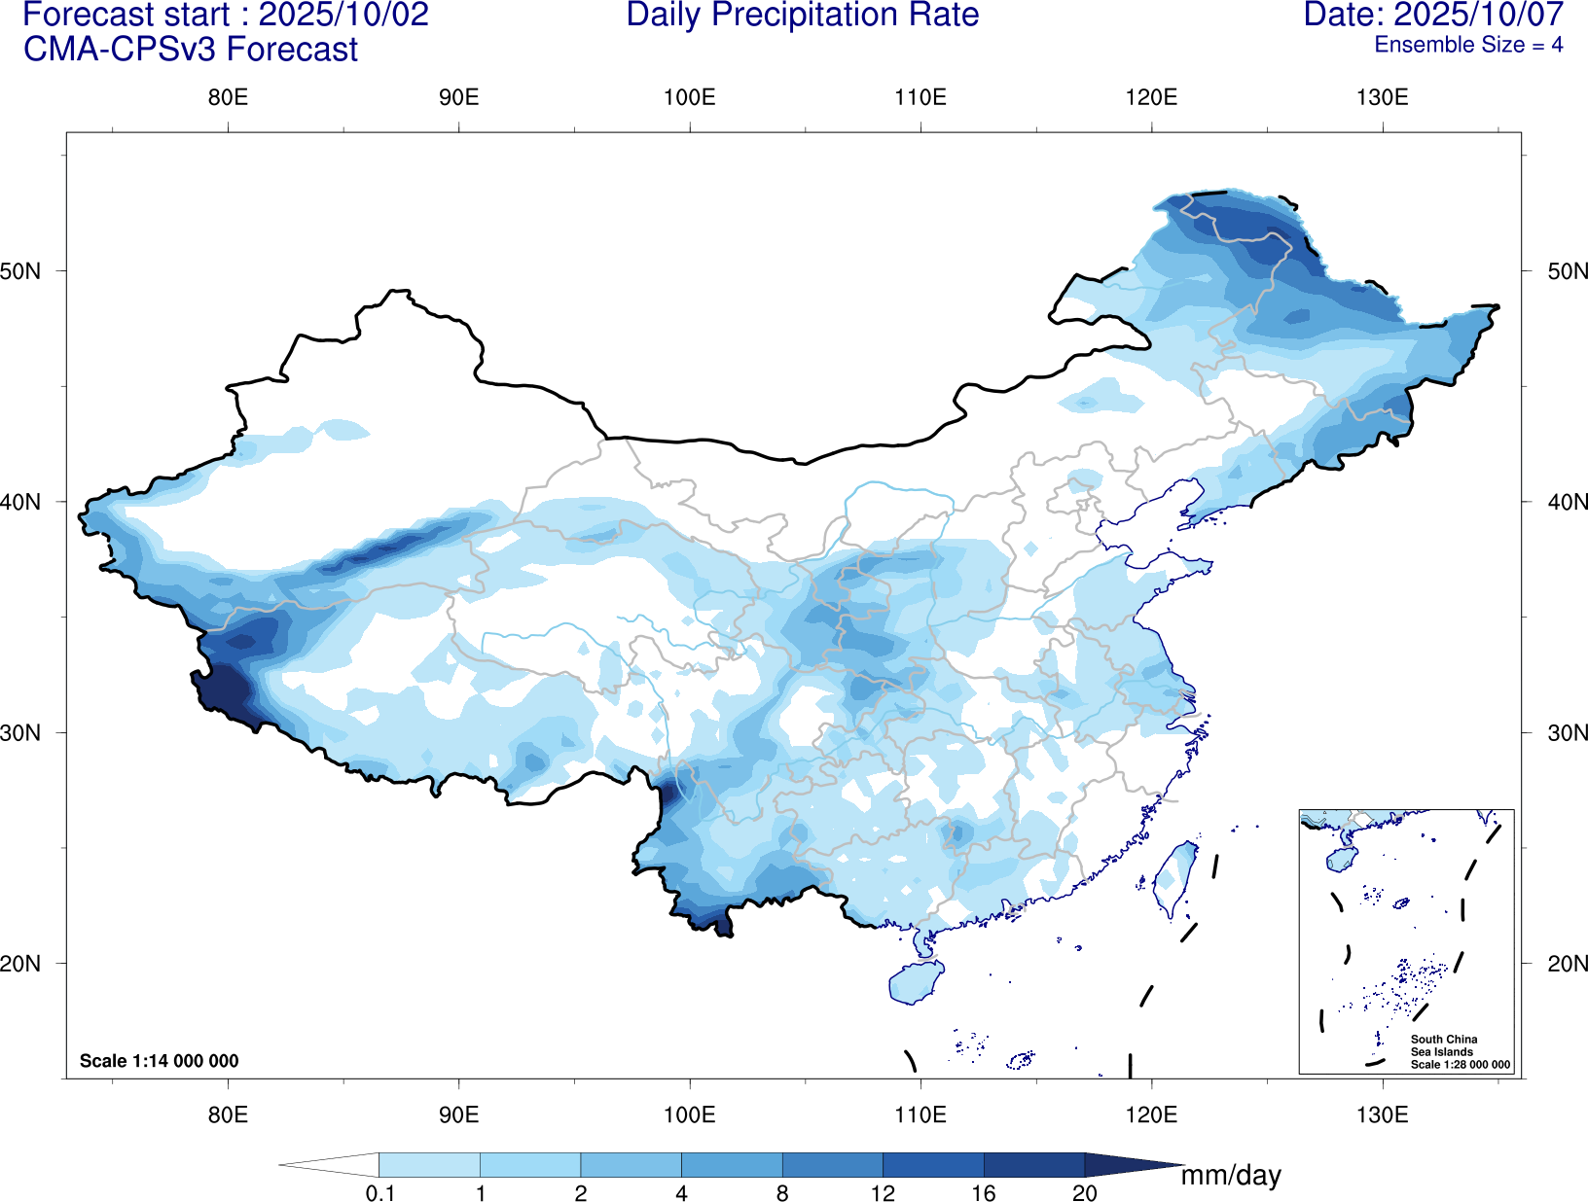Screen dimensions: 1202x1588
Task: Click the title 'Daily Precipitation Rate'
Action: tap(802, 16)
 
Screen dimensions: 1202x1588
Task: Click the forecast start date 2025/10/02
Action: tap(343, 16)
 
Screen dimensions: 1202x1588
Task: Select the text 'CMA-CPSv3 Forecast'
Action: tap(191, 50)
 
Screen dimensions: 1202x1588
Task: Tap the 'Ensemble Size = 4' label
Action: tap(1467, 45)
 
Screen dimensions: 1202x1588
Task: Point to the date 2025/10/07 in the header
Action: tap(1478, 16)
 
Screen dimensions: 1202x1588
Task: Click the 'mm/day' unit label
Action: tap(1231, 1176)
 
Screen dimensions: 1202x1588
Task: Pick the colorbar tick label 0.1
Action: tap(379, 1193)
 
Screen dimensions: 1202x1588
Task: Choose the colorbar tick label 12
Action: tap(883, 1193)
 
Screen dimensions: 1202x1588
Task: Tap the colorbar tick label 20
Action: tap(1084, 1193)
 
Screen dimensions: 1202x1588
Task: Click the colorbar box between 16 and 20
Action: tap(1033, 1165)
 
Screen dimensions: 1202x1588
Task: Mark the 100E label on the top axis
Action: tap(689, 97)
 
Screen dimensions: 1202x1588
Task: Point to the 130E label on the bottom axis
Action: tap(1382, 1114)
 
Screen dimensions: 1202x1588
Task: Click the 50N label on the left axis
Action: tap(21, 271)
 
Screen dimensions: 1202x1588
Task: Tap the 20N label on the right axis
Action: tap(1567, 964)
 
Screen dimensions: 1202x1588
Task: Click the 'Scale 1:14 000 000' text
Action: tap(159, 1061)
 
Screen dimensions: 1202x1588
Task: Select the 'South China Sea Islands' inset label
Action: tap(1444, 1045)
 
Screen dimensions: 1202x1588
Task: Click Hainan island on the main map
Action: tap(915, 982)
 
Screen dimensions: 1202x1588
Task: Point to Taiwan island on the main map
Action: tap(1176, 876)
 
